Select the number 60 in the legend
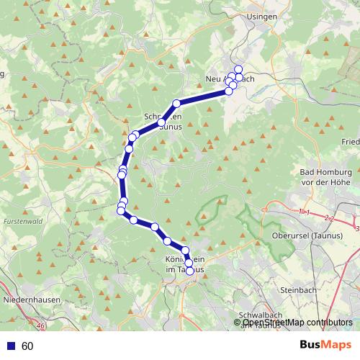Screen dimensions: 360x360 point(27,346)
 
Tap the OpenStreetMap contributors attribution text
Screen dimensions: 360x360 point(298,323)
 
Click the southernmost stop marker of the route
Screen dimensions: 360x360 point(190,271)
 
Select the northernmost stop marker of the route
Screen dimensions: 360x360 point(238,69)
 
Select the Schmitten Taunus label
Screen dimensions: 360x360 point(163,120)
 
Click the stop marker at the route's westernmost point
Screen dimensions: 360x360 point(121,210)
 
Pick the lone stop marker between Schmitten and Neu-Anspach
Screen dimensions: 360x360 point(176,103)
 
